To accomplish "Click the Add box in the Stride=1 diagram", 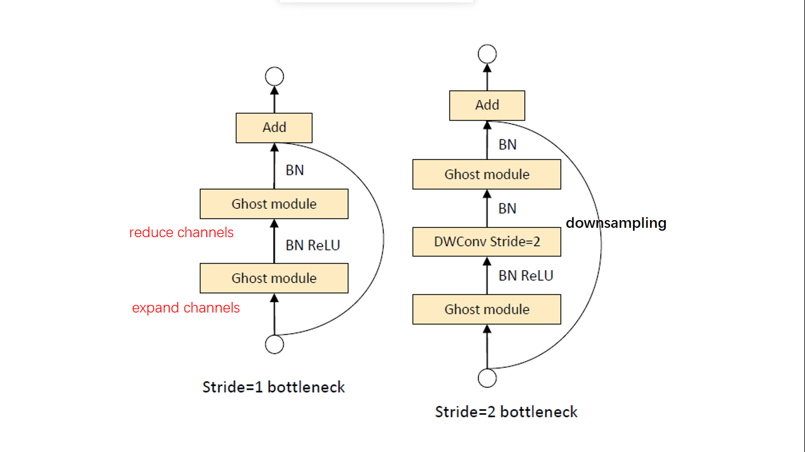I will pyautogui.click(x=274, y=128).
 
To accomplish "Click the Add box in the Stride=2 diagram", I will pyautogui.click(x=487, y=105).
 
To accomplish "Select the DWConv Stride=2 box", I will pyautogui.click(x=487, y=241).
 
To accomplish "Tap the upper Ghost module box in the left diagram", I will pyautogui.click(x=274, y=204).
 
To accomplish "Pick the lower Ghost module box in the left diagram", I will pyautogui.click(x=274, y=278).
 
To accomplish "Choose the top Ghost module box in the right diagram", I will pyautogui.click(x=487, y=175).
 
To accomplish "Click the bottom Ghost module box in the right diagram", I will pyautogui.click(x=487, y=310).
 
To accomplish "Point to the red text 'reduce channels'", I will pyautogui.click(x=182, y=232).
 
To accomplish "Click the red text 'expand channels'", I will pyautogui.click(x=186, y=308).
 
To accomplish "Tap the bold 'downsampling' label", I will pyautogui.click(x=616, y=223).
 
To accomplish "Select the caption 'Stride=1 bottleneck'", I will pyautogui.click(x=273, y=387).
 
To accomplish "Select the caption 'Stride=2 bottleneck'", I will pyautogui.click(x=506, y=411).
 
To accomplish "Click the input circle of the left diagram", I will pyautogui.click(x=275, y=344).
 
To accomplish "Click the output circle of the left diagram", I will pyautogui.click(x=275, y=77).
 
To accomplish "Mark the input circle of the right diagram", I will pyautogui.click(x=487, y=378).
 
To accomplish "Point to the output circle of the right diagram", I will pyautogui.click(x=487, y=54).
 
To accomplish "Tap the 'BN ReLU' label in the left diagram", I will pyautogui.click(x=313, y=245).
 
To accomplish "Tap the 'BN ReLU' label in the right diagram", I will pyautogui.click(x=526, y=275).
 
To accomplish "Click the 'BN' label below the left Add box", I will pyautogui.click(x=295, y=170).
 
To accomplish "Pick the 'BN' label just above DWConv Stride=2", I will pyautogui.click(x=507, y=209).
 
